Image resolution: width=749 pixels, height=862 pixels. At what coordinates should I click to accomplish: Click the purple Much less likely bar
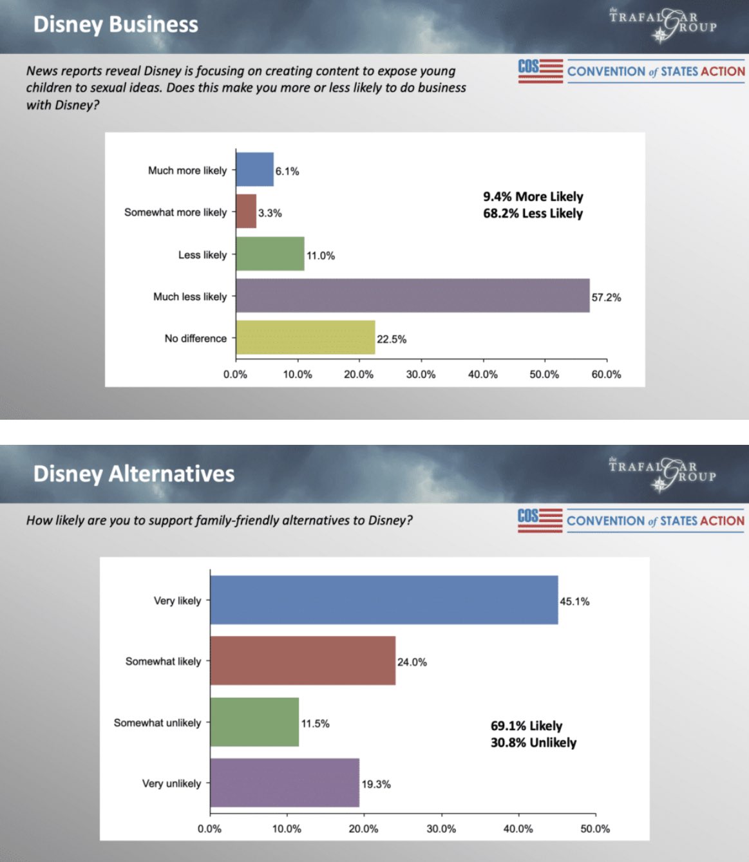pos(412,296)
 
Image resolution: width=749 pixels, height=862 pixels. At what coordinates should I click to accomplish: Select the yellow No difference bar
pos(305,338)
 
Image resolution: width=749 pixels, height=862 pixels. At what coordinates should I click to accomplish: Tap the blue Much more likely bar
pos(254,170)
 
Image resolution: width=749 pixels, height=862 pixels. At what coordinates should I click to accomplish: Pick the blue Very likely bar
pos(384,600)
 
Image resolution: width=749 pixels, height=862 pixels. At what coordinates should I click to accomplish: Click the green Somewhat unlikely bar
pos(254,722)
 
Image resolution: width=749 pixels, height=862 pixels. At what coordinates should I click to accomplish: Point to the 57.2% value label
pos(606,297)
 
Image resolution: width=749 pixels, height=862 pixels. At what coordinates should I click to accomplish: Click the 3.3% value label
pos(270,213)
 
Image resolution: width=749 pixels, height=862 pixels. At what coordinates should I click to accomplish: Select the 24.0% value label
pos(412,662)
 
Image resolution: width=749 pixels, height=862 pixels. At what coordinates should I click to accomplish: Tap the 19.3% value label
pos(376,784)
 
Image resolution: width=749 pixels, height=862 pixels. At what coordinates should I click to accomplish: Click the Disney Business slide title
pos(116,24)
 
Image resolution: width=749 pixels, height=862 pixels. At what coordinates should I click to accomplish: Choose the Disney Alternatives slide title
pos(134,474)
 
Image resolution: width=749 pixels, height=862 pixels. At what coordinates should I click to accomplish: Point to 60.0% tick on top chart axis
pos(606,374)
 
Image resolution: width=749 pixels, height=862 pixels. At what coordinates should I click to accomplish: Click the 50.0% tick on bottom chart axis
pos(595,829)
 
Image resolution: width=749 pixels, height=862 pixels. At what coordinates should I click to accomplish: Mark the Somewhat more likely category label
pos(175,212)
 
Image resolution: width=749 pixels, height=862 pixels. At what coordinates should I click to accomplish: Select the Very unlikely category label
pos(171,783)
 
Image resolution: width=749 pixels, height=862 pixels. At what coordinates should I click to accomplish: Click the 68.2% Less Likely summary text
pos(533,214)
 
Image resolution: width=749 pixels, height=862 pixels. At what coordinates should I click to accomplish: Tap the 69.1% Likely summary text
pos(526,726)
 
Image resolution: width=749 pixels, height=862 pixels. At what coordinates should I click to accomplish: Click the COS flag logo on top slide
pos(540,71)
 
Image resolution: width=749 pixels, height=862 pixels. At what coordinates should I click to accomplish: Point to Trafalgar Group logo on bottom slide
pos(662,473)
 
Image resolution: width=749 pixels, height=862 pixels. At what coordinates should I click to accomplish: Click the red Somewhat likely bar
pos(303,661)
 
